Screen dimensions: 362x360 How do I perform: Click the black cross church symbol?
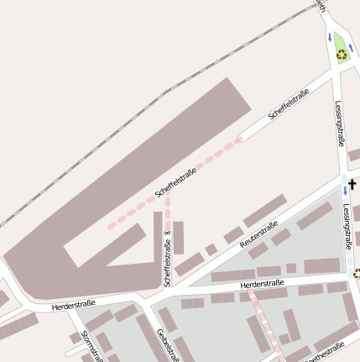point(352,184)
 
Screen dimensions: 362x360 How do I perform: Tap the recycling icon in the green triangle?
point(342,55)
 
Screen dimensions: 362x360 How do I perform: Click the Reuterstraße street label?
point(258,235)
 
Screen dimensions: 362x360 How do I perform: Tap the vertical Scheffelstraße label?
point(168,256)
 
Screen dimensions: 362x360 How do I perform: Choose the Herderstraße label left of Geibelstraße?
point(74,303)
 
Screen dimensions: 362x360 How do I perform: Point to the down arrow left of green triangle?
point(329,37)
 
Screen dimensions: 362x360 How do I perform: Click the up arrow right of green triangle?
point(351,48)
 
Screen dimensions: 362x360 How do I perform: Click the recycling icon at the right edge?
point(357,273)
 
